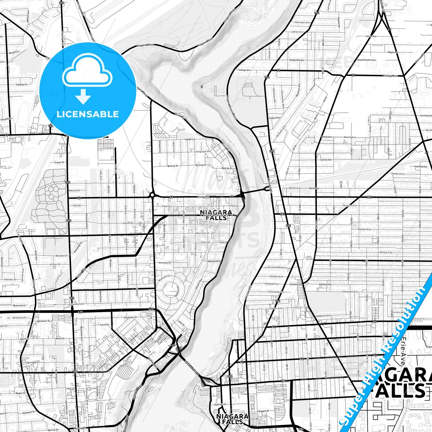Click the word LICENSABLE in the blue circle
(x=88, y=114)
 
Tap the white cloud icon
(x=87, y=71)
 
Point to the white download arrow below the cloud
(x=83, y=97)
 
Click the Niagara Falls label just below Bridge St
(x=216, y=215)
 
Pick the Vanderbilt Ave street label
(x=297, y=60)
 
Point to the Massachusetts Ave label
(x=366, y=60)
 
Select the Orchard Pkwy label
(x=276, y=267)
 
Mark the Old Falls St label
(x=221, y=404)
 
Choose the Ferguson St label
(x=203, y=152)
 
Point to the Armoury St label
(x=165, y=263)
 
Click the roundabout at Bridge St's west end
(x=152, y=196)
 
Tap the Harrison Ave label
(x=302, y=22)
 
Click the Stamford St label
(x=77, y=304)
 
